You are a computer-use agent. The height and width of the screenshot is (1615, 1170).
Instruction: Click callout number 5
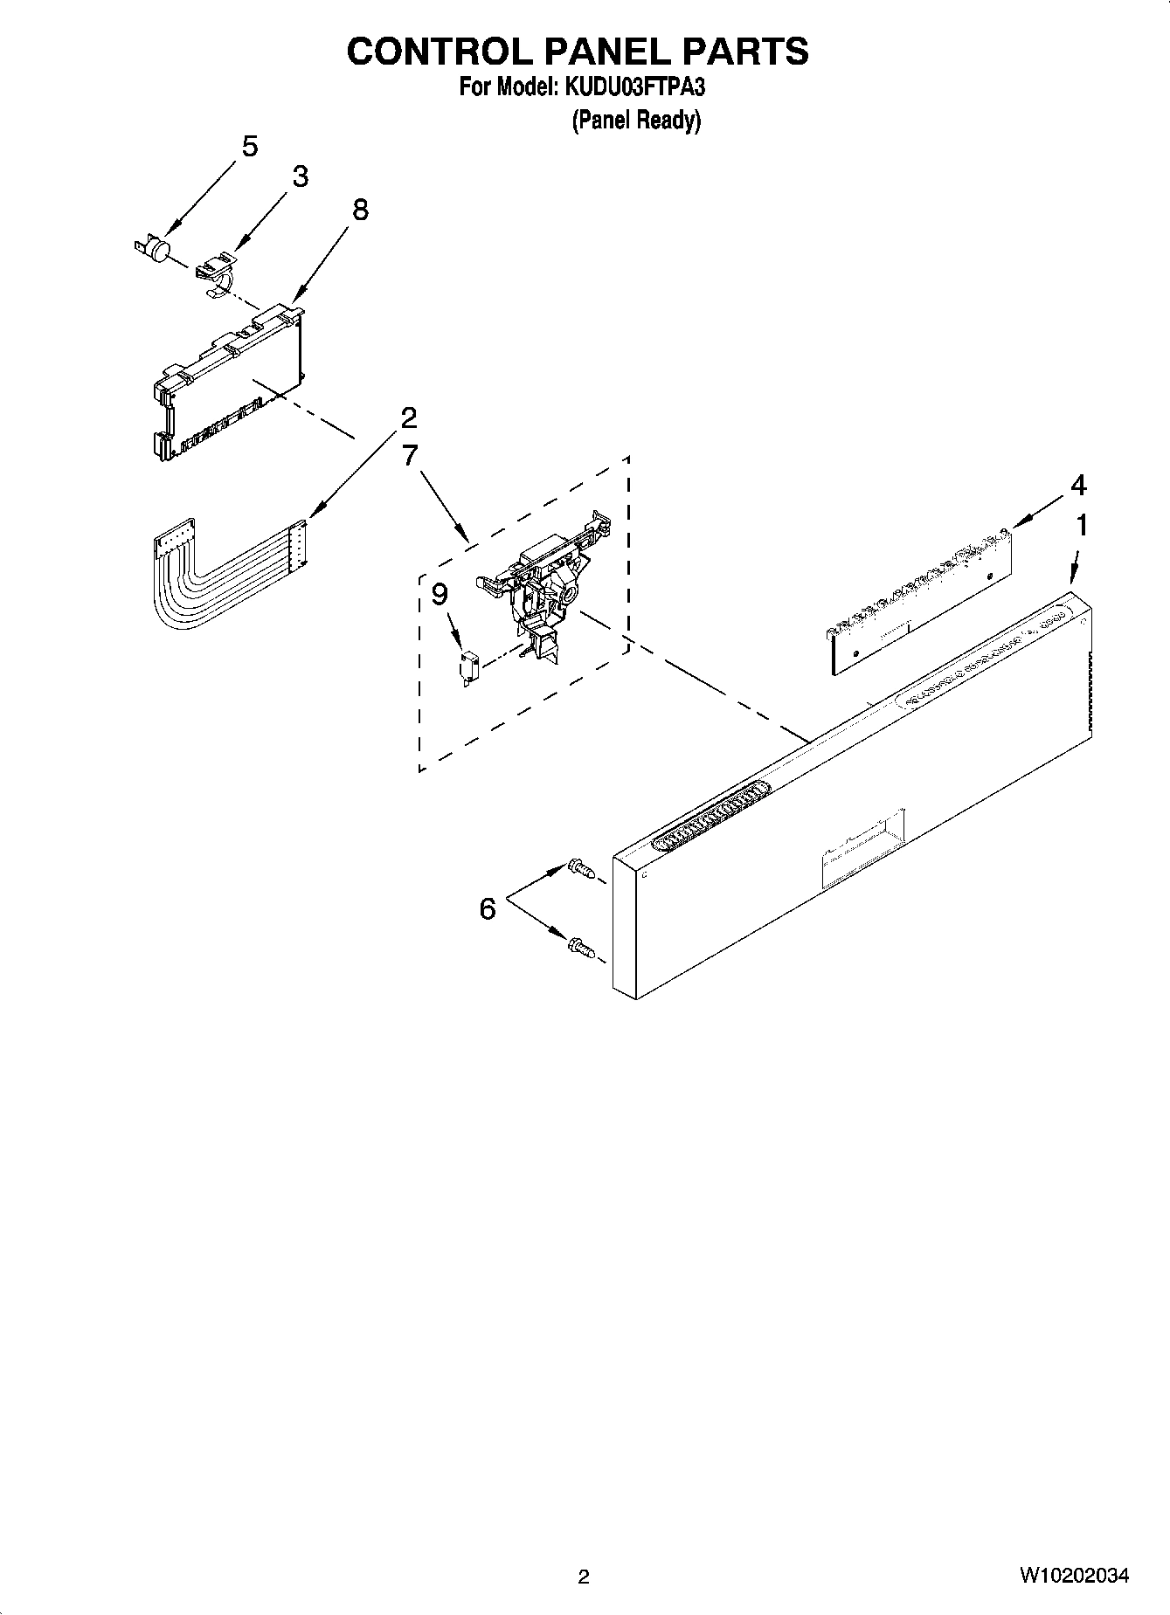point(250,147)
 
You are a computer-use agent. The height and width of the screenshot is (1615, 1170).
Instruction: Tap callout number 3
point(300,176)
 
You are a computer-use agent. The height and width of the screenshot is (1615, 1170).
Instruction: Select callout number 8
point(360,210)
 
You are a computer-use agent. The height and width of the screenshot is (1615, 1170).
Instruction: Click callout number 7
point(410,455)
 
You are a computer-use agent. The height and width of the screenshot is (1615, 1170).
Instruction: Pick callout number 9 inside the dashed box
point(440,595)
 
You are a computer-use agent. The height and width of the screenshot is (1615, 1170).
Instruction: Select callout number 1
point(1082,525)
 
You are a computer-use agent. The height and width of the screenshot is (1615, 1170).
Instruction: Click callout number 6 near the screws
point(488,909)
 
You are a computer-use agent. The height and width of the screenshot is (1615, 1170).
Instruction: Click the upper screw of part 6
point(580,867)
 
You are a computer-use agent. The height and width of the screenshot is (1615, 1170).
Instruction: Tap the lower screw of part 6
point(580,946)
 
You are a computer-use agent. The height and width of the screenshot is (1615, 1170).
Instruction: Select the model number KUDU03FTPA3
point(633,87)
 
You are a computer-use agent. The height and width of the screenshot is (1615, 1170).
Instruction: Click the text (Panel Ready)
point(636,121)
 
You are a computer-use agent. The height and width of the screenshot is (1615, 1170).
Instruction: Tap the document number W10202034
point(1073,1576)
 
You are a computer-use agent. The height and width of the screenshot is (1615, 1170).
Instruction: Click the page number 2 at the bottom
point(584,1577)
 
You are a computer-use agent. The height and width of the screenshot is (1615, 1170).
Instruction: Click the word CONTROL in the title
point(440,52)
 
